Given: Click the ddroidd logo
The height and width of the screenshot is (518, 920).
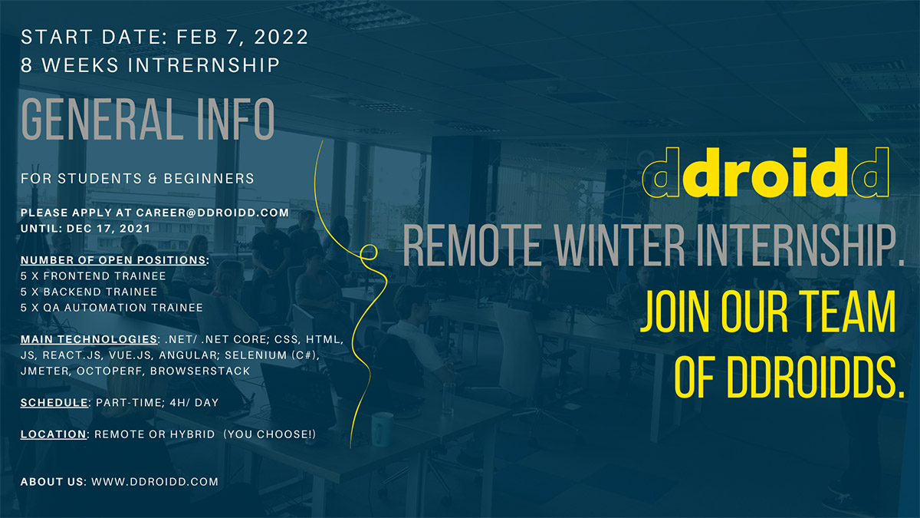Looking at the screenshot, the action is click(x=766, y=172).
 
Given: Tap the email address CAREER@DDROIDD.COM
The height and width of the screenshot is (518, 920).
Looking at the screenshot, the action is click(x=212, y=213).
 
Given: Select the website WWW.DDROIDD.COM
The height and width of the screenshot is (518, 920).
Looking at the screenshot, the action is click(x=155, y=482).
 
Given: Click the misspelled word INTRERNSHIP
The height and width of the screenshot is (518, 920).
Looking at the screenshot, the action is click(x=204, y=65).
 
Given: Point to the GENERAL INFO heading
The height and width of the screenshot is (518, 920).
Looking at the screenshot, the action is click(x=148, y=119).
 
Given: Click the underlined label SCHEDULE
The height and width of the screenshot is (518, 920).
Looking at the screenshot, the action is click(x=54, y=402).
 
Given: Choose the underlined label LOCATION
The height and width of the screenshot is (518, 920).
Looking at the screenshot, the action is click(x=54, y=434).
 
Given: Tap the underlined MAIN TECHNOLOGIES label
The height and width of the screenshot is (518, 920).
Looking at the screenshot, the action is click(x=89, y=339).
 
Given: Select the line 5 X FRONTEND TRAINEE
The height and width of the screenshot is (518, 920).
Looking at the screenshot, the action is click(x=94, y=275).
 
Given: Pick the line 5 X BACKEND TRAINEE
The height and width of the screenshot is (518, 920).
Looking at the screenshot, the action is click(x=89, y=292).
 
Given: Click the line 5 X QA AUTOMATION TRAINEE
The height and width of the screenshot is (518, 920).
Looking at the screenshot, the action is click(x=112, y=308).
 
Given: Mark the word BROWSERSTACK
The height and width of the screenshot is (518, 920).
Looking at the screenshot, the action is click(x=200, y=371).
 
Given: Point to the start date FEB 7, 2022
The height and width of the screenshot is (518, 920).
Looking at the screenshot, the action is click(x=242, y=37).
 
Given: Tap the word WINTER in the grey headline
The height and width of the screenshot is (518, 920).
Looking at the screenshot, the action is click(x=619, y=246).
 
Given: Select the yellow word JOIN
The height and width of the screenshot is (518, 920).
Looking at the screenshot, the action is click(x=675, y=311).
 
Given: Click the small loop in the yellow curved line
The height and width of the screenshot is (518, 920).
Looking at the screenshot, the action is click(x=369, y=252).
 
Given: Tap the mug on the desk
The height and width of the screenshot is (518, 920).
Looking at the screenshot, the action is click(x=382, y=429).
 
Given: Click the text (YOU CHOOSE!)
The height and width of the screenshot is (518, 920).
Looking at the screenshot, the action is click(x=270, y=434).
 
